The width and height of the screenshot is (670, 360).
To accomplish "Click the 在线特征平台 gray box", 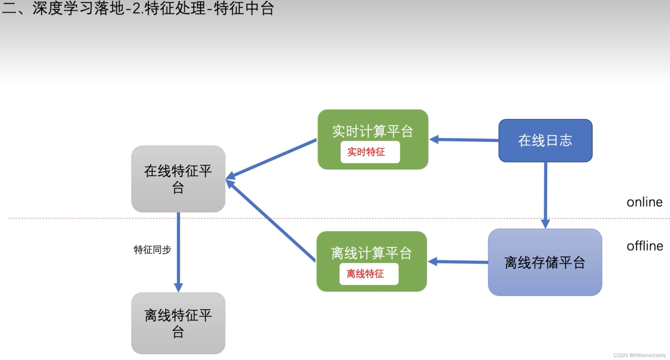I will click(178, 179).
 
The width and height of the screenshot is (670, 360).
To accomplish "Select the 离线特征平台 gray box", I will click(178, 323).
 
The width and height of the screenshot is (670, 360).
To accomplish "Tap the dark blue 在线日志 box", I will click(545, 141).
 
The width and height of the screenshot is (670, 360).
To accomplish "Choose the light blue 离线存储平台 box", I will click(545, 262).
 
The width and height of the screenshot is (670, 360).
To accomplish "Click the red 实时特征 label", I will click(366, 152).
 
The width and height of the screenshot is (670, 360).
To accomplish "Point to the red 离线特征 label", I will click(365, 274).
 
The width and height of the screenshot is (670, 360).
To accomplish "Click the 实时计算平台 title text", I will click(372, 132).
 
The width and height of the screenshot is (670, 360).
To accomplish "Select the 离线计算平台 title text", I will click(371, 253).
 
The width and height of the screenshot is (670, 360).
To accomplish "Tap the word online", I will click(644, 202).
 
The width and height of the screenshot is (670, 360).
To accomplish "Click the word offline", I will click(645, 246).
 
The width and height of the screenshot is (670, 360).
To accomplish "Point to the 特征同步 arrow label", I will click(152, 250).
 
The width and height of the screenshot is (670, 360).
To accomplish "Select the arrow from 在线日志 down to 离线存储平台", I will click(545, 194).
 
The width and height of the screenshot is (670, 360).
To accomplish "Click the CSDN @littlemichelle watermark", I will click(639, 355).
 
